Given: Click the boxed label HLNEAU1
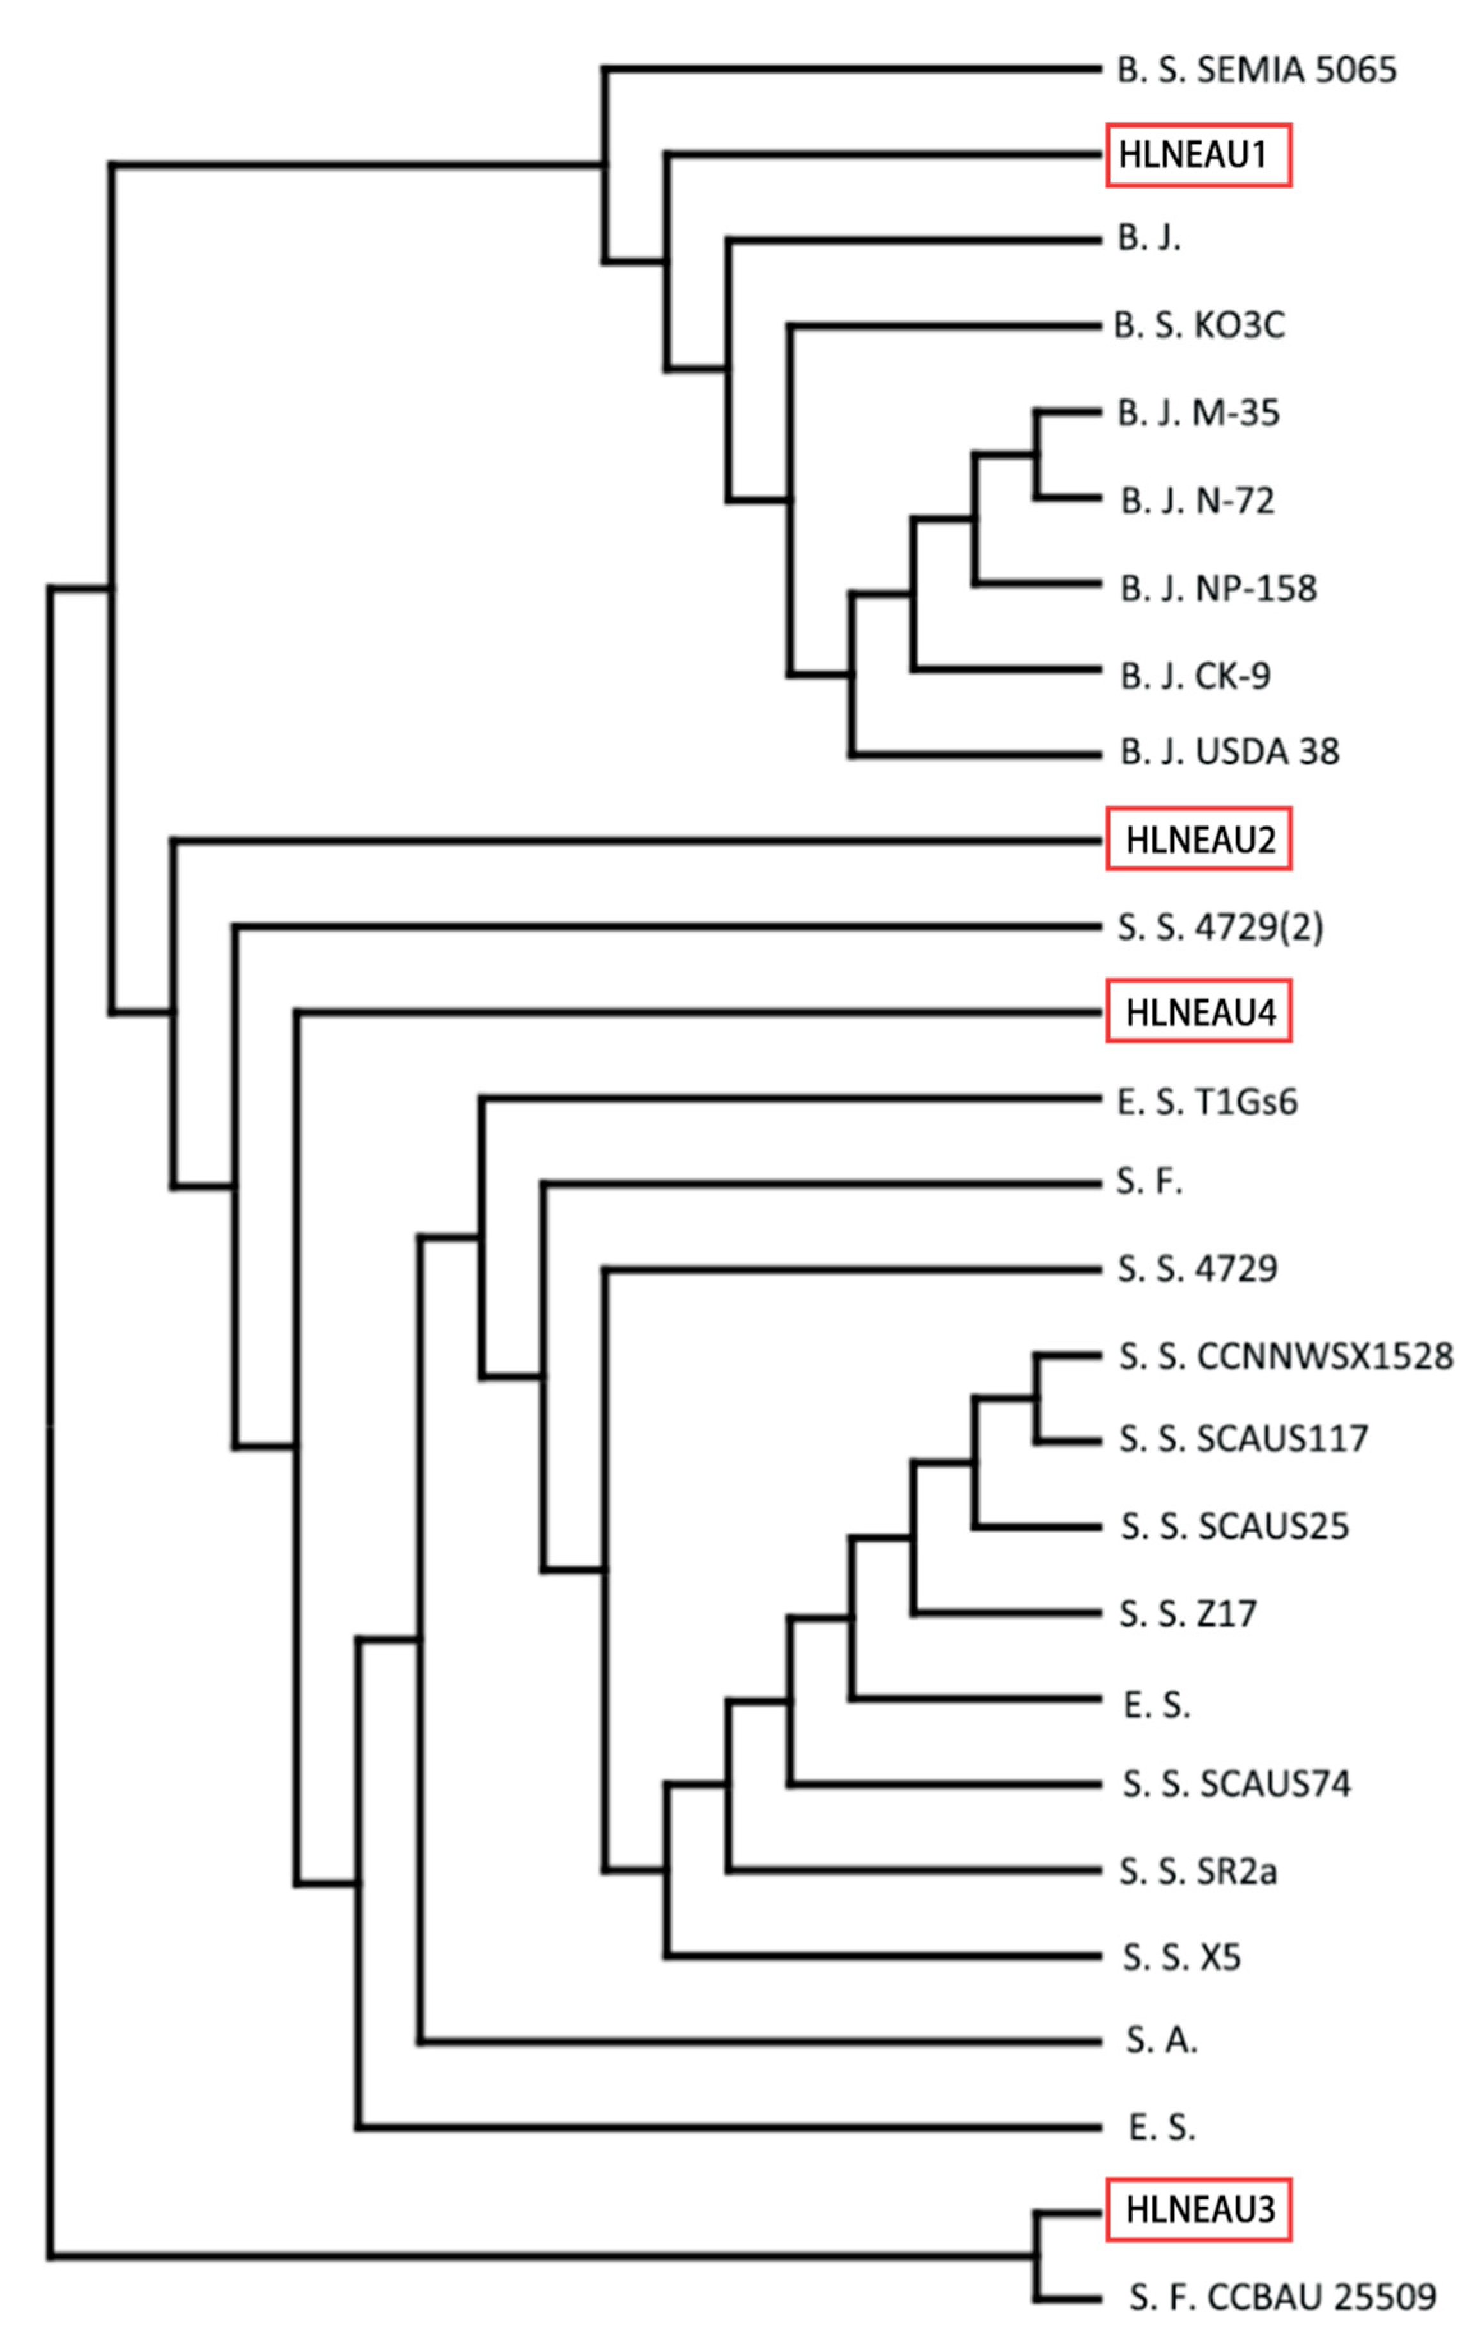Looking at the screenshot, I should tap(1197, 155).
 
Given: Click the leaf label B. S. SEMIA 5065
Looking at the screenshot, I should tap(1256, 70).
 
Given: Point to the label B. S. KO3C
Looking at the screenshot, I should tap(1199, 326).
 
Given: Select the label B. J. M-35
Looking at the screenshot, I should tap(1198, 414).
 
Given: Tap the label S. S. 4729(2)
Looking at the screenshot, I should tap(1220, 927).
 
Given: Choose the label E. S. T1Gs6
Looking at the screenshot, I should tap(1207, 1102).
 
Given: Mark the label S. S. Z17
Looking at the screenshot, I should tap(1187, 1614).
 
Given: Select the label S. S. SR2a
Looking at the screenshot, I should tap(1198, 1871).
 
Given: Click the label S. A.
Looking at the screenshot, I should tap(1162, 2040).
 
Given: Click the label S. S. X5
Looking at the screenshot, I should tap(1181, 1957).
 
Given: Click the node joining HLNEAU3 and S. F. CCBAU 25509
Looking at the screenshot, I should tap(1036, 2256).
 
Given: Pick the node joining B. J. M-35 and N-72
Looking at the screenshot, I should tap(1036, 455).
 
